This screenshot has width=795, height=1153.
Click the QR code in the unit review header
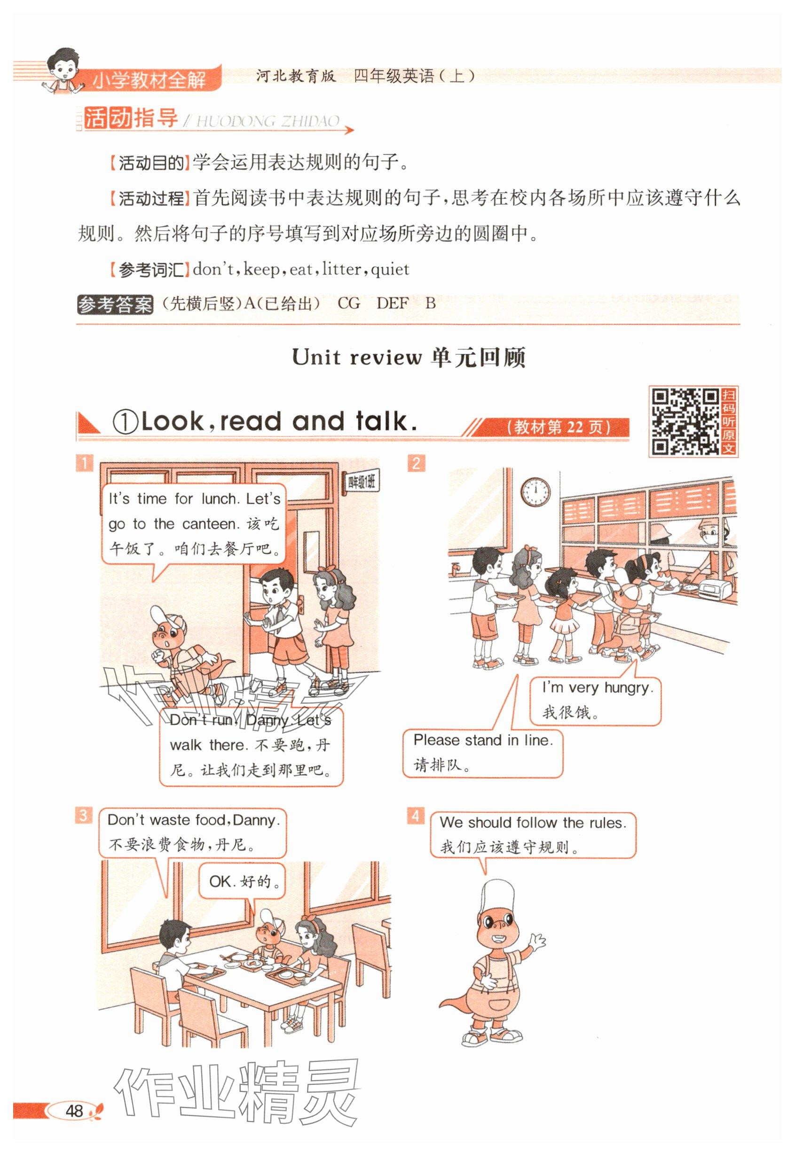(x=686, y=421)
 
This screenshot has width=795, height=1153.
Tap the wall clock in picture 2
(x=535, y=492)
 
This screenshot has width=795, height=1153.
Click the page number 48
(x=74, y=1111)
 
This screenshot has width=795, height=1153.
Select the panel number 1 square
(x=84, y=463)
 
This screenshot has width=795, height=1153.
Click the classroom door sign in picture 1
(x=362, y=483)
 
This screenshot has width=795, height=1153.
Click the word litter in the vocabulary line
(x=341, y=269)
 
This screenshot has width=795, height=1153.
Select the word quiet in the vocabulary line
(x=390, y=270)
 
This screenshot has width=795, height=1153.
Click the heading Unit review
(x=357, y=357)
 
